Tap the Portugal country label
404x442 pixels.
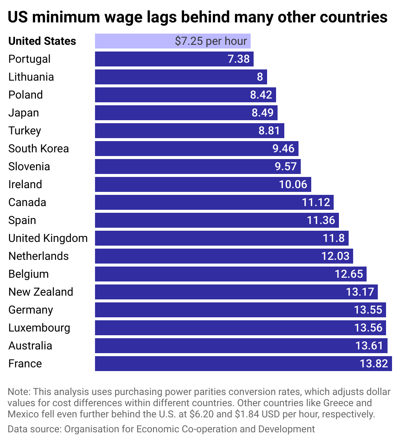[x=29, y=59]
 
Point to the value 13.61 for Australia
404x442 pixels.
[x=369, y=346]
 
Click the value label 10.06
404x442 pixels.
[x=293, y=184]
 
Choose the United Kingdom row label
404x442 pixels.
[x=48, y=238]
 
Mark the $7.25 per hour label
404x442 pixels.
[x=211, y=41]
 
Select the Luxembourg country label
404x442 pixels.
[x=39, y=328]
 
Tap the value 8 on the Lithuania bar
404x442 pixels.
[x=260, y=77]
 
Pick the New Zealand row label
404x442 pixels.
[x=41, y=292]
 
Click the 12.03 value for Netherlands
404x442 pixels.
[x=335, y=256]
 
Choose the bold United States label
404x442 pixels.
[x=42, y=41]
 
